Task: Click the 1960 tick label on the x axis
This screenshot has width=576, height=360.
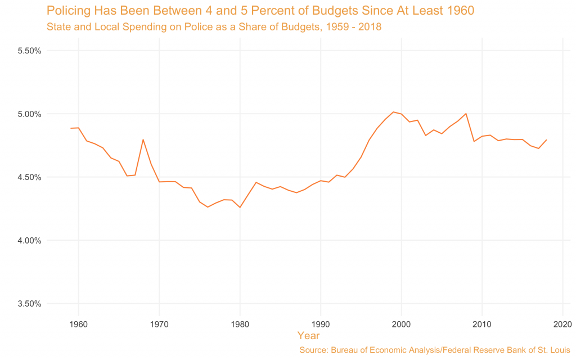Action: pyautogui.click(x=79, y=324)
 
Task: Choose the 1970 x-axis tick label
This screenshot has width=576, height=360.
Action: pyautogui.click(x=159, y=324)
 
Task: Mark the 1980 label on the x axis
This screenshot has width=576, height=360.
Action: pyautogui.click(x=240, y=324)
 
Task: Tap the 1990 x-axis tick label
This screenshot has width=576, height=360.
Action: pyautogui.click(x=321, y=324)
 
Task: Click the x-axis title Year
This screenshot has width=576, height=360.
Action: pyautogui.click(x=308, y=336)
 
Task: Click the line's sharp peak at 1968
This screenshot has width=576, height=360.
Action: pyautogui.click(x=143, y=139)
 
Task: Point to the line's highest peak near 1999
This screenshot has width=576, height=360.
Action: pyautogui.click(x=393, y=112)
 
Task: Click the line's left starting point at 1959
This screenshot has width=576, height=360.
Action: pyautogui.click(x=71, y=128)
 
